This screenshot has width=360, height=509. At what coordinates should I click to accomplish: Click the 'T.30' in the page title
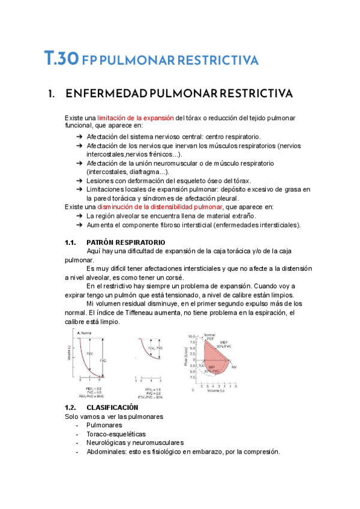[61, 59]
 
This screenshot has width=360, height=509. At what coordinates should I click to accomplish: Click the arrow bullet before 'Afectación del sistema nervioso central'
[80, 137]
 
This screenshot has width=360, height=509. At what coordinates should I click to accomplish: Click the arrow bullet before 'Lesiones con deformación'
[80, 181]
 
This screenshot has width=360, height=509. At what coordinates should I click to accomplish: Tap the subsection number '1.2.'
[71, 407]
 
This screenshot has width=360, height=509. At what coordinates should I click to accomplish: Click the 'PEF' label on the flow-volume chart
[210, 339]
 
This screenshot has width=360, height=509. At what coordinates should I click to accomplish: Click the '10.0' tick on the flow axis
[193, 336]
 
